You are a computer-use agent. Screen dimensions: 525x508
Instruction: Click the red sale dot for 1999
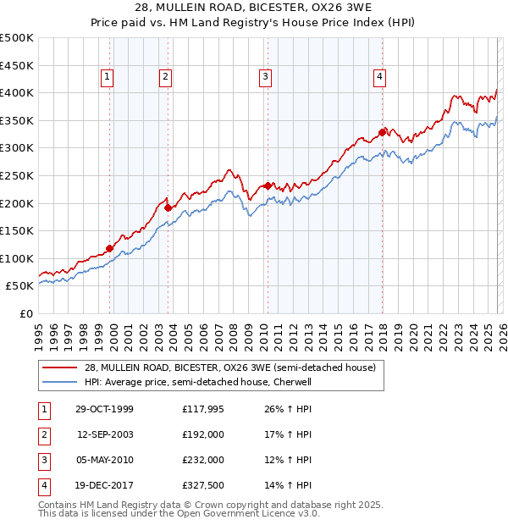coord(110,248)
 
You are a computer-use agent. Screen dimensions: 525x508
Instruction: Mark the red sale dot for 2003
coord(168,207)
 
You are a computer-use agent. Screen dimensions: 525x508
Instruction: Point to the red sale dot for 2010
coord(268,185)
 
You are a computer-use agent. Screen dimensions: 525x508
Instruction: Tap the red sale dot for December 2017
coord(382,132)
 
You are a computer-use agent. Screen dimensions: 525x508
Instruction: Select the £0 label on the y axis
coord(25,314)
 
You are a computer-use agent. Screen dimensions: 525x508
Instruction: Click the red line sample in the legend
coord(59,367)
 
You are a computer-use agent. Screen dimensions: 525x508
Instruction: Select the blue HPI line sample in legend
coord(59,382)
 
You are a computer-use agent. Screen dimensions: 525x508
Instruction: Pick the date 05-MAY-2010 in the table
coord(104,460)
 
